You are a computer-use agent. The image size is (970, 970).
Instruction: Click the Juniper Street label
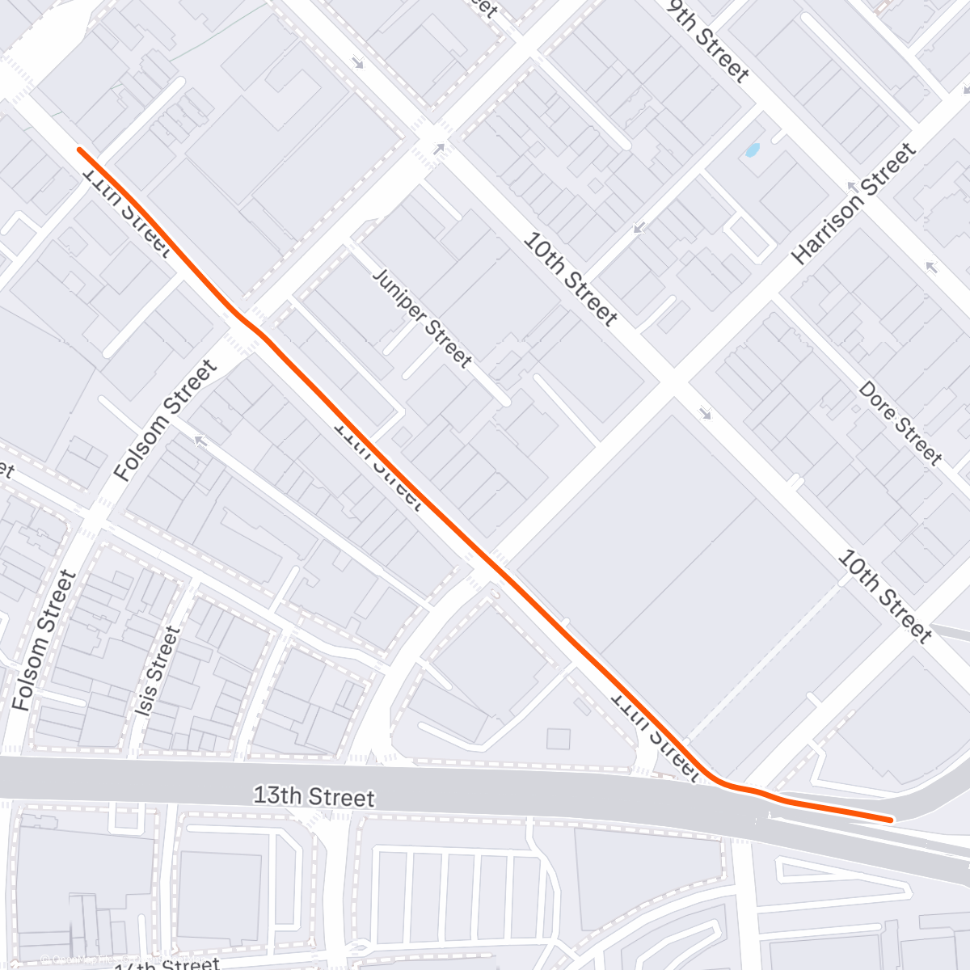[x=422, y=318]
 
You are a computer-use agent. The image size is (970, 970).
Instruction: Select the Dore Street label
[x=900, y=424]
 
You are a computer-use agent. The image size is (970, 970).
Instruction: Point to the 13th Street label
[x=314, y=796]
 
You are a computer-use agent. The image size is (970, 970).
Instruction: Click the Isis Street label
[x=157, y=671]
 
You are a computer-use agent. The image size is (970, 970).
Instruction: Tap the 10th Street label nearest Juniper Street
[x=570, y=277]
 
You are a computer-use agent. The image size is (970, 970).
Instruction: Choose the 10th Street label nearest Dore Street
[x=884, y=595]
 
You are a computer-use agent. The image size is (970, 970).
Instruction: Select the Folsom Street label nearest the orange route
[x=166, y=421]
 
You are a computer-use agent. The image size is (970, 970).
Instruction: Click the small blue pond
[x=753, y=150]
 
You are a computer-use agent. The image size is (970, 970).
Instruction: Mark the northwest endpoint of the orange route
[x=79, y=150]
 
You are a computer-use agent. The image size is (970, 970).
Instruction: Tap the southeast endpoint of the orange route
[x=890, y=820]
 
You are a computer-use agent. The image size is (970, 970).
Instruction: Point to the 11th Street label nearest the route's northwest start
[x=127, y=212]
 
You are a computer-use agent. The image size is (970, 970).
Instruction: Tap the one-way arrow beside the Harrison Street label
[x=850, y=187]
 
